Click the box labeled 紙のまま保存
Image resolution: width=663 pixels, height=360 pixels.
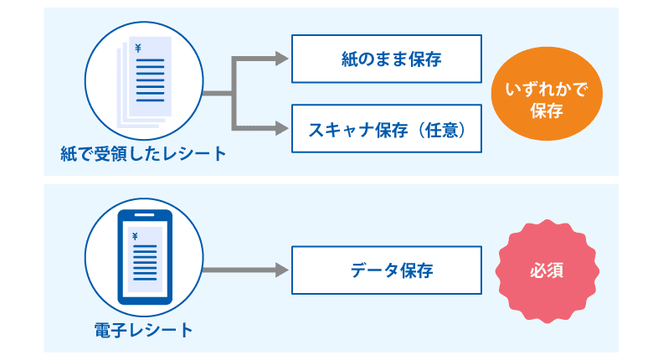click(x=386, y=59)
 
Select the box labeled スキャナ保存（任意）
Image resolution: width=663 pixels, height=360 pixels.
click(x=386, y=129)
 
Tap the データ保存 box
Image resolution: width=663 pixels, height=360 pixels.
click(x=386, y=270)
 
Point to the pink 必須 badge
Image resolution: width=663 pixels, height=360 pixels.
click(x=547, y=271)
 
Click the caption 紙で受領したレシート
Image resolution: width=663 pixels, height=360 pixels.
click(x=144, y=154)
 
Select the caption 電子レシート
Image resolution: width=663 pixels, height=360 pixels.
click(x=144, y=330)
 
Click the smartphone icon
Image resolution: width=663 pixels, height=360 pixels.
click(x=144, y=257)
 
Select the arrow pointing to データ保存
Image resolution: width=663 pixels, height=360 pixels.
click(x=243, y=270)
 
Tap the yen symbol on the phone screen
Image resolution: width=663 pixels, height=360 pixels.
click(x=135, y=236)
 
